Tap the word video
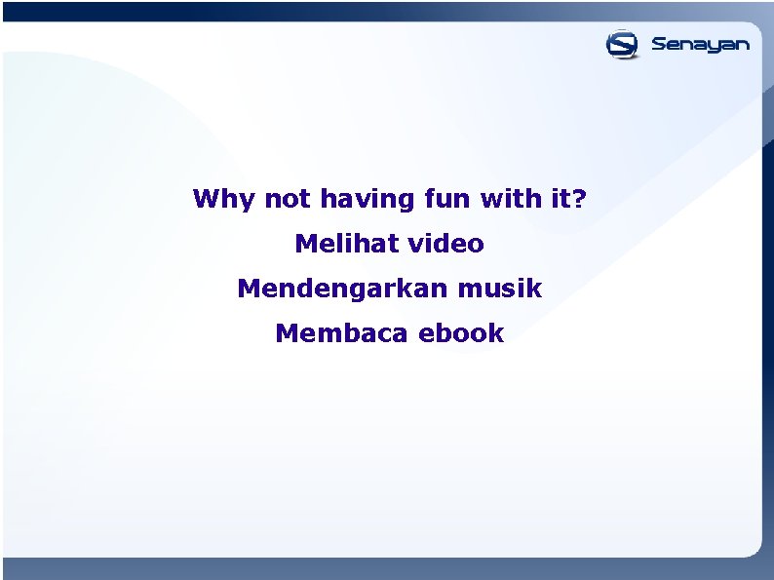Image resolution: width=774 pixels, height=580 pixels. pos(446,244)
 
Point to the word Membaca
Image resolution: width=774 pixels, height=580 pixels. pos(342,333)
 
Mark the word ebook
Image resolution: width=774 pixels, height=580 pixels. pos(461,333)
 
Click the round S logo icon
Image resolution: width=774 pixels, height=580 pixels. pos(622,45)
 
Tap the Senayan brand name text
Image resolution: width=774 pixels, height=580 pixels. pos(700,45)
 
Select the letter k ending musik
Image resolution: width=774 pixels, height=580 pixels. pos(534,289)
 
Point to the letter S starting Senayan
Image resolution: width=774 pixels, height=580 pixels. pos(659,44)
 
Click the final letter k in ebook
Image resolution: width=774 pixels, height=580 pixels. pos(497,333)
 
